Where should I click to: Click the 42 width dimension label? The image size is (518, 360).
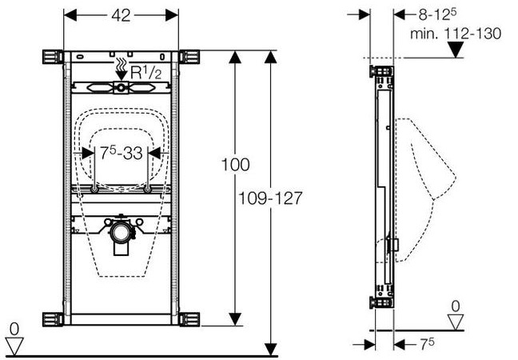pyautogui.click(x=121, y=15)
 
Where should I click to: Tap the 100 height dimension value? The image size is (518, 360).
pyautogui.click(x=235, y=165)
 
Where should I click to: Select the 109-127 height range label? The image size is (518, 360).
pyautogui.click(x=270, y=198)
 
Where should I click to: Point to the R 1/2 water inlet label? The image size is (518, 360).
pyautogui.click(x=145, y=72)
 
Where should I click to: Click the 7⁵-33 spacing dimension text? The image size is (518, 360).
pyautogui.click(x=122, y=153)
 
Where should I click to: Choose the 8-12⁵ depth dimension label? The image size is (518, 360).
pyautogui.click(x=437, y=14)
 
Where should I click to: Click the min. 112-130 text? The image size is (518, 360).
pyautogui.click(x=456, y=34)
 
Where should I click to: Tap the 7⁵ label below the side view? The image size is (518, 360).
pyautogui.click(x=427, y=344)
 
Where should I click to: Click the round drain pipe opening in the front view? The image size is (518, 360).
pyautogui.click(x=121, y=233)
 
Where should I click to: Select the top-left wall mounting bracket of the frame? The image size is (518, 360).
pyautogui.click(x=53, y=57)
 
